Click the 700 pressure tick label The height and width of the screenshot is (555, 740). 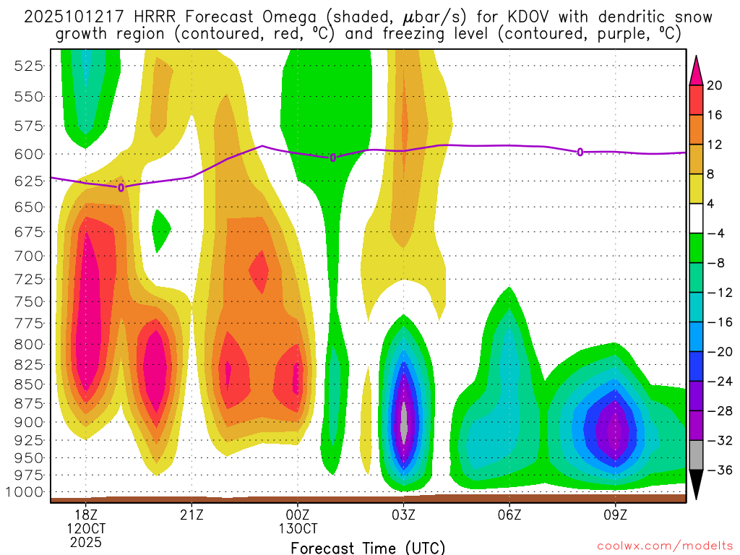tap(30, 256)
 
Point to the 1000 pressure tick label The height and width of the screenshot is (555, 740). tap(27, 492)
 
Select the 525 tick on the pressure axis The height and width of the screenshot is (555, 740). tap(30, 66)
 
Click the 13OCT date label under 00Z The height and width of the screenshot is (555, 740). tap(298, 528)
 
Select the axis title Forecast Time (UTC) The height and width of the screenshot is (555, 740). tap(368, 547)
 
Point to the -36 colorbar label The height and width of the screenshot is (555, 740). tap(718, 470)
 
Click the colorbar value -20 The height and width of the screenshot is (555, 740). tap(718, 352)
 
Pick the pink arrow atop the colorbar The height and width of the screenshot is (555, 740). tap(696, 69)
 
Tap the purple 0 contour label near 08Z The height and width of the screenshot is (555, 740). tap(580, 152)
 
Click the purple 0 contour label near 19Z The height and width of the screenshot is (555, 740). tap(121, 187)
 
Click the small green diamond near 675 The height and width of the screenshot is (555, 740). tap(160, 231)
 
